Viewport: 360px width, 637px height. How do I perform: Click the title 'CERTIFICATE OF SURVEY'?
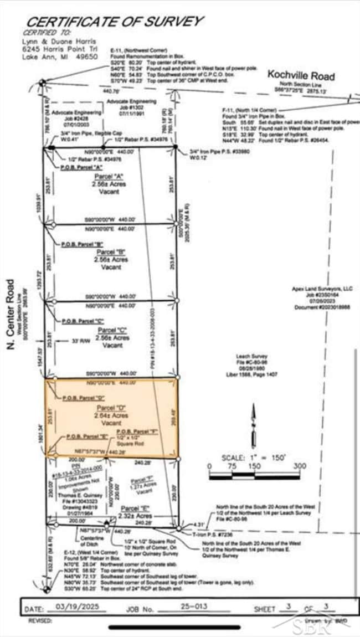click(x=115, y=22)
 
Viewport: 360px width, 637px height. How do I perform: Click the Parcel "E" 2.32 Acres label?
click(x=136, y=512)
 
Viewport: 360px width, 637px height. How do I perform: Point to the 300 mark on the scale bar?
click(x=299, y=466)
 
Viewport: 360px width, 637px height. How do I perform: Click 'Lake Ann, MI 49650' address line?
click(x=59, y=57)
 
